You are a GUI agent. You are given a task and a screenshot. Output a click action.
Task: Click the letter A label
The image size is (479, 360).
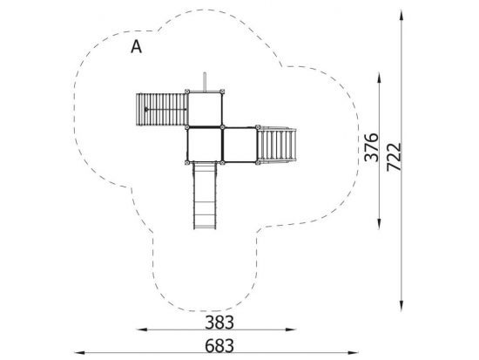click(x=136, y=47)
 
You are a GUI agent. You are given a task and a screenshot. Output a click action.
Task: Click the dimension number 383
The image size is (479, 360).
click(x=219, y=323)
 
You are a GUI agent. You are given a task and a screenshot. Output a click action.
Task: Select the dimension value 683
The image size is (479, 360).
click(x=219, y=346)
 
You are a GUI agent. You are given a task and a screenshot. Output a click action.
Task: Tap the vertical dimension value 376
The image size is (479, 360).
click(x=372, y=147)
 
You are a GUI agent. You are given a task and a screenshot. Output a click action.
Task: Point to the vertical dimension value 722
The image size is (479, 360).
click(x=394, y=157)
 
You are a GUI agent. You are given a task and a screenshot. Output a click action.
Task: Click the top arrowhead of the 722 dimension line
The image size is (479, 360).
click(x=401, y=16)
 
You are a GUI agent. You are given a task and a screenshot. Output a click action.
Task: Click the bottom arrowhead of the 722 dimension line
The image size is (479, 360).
click(x=401, y=306)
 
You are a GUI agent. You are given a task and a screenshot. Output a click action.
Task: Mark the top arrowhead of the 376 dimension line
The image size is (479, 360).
click(x=379, y=78)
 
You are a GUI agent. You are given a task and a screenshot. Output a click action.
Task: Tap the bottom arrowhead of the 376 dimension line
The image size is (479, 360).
click(x=379, y=224)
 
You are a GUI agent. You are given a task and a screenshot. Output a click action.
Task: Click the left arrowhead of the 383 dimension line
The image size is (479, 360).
click(x=142, y=329)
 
